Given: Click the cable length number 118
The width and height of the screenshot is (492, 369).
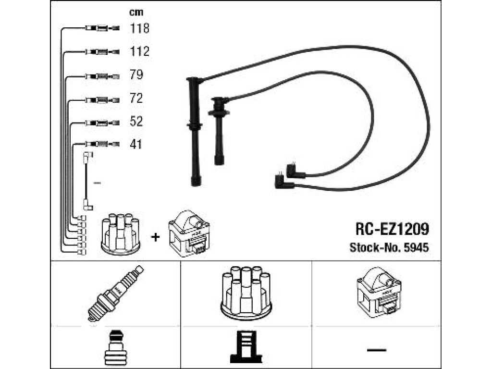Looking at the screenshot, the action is [140, 28].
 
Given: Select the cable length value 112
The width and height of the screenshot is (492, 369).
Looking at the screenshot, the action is [140, 51].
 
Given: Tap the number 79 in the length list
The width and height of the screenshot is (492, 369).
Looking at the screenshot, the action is [136, 74].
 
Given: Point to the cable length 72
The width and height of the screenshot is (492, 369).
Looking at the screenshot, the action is [136, 98].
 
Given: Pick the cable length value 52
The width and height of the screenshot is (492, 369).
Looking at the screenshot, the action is [136, 122].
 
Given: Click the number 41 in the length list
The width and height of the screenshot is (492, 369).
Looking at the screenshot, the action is [136, 144].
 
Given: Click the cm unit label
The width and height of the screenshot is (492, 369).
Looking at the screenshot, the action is [136, 12].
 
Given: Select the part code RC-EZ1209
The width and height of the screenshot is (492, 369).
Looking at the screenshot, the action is [392, 229].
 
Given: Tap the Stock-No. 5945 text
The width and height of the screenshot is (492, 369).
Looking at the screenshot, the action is [389, 247].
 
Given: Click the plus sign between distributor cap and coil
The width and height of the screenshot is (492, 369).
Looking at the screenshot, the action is [155, 237].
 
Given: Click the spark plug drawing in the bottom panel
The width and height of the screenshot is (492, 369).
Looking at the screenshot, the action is [115, 293].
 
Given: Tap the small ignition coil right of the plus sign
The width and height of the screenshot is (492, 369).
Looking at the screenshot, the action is [189, 234].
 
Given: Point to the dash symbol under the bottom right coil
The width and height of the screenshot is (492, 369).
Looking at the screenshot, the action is [377, 350].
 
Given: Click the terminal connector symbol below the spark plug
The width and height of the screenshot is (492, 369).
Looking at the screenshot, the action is [115, 348].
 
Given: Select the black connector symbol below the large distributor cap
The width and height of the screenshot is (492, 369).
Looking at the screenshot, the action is [246, 347].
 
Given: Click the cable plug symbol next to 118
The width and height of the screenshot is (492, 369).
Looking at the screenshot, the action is [102, 28].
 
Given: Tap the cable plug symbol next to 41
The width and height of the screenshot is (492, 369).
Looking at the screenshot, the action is [102, 144].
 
